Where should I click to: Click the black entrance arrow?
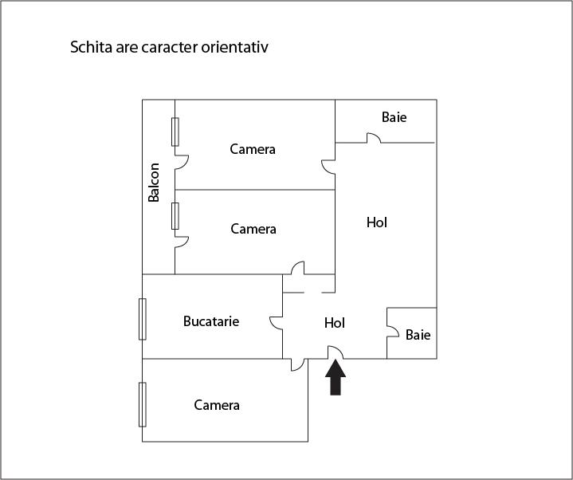click(x=336, y=378)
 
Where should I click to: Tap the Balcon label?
click(x=154, y=183)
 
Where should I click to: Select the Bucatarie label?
click(x=211, y=321)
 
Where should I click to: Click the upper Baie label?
click(x=394, y=117)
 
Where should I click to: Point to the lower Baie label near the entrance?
click(x=418, y=335)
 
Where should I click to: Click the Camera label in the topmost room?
click(x=253, y=149)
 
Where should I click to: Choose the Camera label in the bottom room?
click(x=217, y=405)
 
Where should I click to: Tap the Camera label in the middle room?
click(x=253, y=229)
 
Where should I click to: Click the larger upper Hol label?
click(x=377, y=222)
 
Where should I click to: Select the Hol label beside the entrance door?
click(x=335, y=323)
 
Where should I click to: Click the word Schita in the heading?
click(x=91, y=47)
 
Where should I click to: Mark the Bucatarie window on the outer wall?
click(x=143, y=319)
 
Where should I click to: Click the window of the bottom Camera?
click(x=143, y=405)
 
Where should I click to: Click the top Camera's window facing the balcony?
click(x=175, y=132)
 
